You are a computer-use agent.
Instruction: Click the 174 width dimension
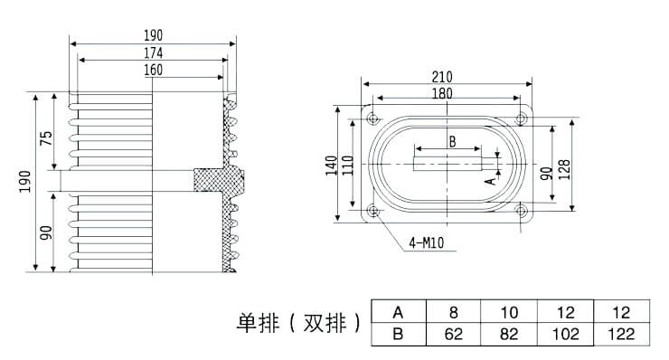pyautogui.click(x=153, y=53)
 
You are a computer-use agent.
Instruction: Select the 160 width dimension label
pyautogui.click(x=153, y=71)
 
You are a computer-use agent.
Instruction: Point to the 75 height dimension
pyautogui.click(x=46, y=137)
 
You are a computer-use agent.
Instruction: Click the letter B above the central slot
pyautogui.click(x=452, y=140)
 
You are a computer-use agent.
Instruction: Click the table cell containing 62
pyautogui.click(x=453, y=335)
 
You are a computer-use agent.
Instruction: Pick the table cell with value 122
pyautogui.click(x=622, y=335)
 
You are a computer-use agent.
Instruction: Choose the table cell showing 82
pyautogui.click(x=509, y=335)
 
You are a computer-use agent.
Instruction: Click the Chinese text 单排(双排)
pyautogui.click(x=298, y=323)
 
